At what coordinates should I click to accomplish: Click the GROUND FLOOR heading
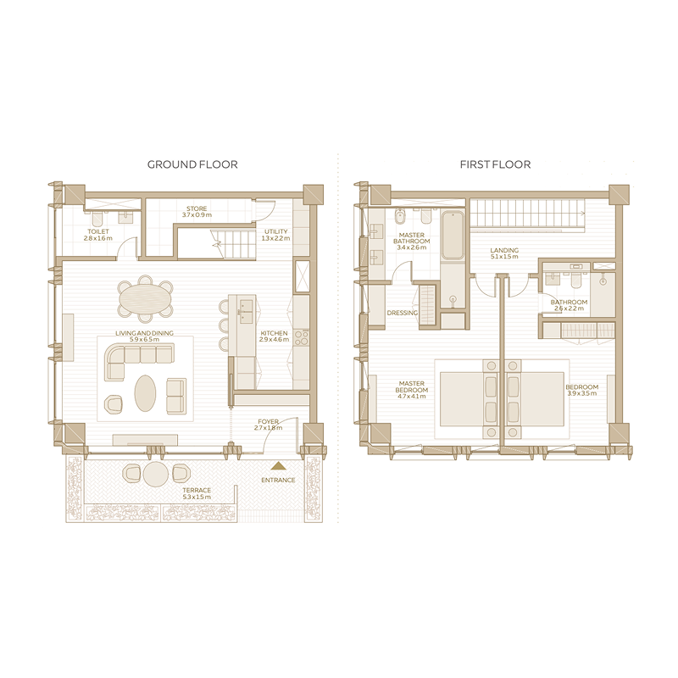point(192,164)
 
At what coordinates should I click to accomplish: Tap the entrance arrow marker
point(278,465)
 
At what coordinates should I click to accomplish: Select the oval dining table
point(145,298)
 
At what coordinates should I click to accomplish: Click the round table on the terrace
point(156,474)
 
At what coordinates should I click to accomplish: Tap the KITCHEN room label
point(275,334)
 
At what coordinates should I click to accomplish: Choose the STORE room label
point(197,208)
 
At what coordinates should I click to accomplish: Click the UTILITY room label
point(276,231)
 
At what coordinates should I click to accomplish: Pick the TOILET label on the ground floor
point(98,231)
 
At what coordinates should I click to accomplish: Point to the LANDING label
point(505,251)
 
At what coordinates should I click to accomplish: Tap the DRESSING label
point(402,313)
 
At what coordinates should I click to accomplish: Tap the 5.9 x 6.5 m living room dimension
point(145,341)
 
